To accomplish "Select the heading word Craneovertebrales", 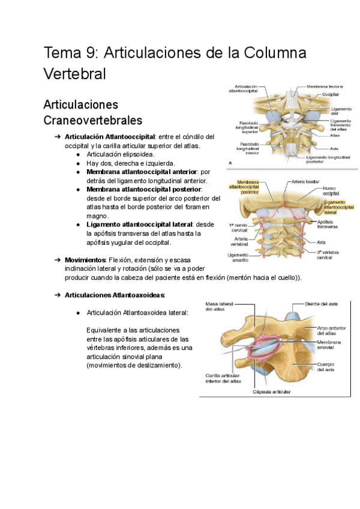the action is pyautogui.click(x=92, y=120).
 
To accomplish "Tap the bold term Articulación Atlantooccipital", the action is pyautogui.click(x=110, y=136).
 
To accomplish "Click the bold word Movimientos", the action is pyautogui.click(x=85, y=260).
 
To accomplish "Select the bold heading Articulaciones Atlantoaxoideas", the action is pyautogui.click(x=115, y=295).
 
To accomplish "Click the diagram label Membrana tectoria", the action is pyautogui.click(x=324, y=86).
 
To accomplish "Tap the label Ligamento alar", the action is pyautogui.click(x=332, y=112).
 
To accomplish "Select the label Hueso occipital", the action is pyautogui.click(x=331, y=191).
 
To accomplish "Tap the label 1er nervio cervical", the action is pyautogui.click(x=239, y=227).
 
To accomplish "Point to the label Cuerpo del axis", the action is pyautogui.click(x=326, y=367).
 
